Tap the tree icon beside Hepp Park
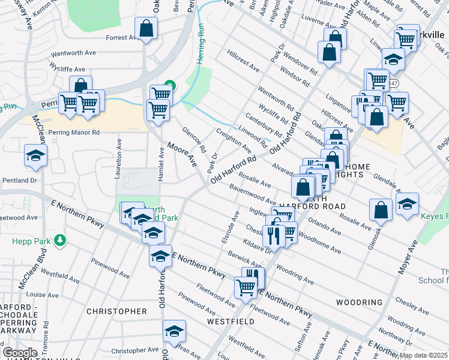pos(59,241)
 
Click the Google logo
pos(20,353)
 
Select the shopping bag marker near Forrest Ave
pos(146,28)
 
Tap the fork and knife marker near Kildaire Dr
pos(273,233)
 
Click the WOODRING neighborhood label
pos(359,302)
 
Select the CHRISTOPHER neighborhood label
pos(116,311)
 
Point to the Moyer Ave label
pos(408,257)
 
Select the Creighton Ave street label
pos(234,140)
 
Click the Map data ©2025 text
pos(423,355)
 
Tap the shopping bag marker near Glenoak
pos(381,210)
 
